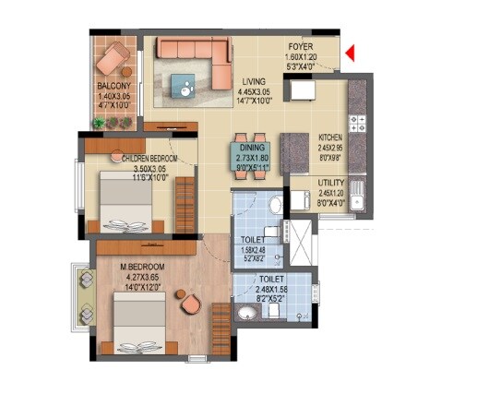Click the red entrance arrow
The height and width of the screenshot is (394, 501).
(350, 57)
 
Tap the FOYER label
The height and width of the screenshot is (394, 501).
(301, 45)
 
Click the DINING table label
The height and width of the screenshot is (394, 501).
(252, 147)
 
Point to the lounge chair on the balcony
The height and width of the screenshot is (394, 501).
(114, 62)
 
